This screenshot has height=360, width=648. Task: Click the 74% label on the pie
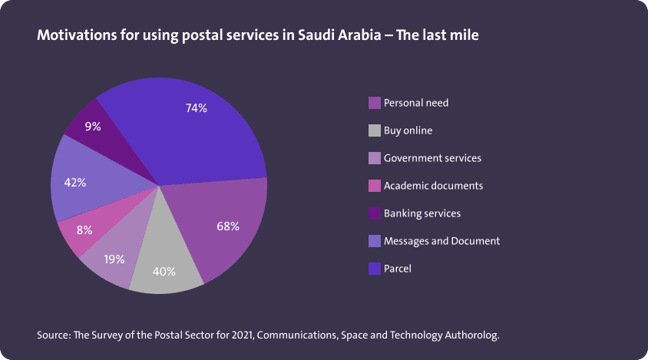coord(197,108)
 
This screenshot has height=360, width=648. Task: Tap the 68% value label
coord(228,226)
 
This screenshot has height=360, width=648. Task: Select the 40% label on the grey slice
coord(164,271)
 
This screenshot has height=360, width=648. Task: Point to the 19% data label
coord(114,259)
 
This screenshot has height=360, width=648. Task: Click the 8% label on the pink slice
coord(84,230)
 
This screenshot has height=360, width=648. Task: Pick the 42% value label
coord(74,183)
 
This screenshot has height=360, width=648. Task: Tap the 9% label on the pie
coord(93,126)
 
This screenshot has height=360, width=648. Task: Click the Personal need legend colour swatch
coord(375,103)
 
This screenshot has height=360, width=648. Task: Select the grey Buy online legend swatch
coord(375,130)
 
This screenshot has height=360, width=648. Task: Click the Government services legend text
coord(432,158)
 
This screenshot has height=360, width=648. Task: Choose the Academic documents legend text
coord(433,186)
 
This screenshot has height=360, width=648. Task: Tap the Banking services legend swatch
coord(375,213)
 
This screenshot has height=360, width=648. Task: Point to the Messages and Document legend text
coord(441,241)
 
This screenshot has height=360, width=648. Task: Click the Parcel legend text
coord(398,269)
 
